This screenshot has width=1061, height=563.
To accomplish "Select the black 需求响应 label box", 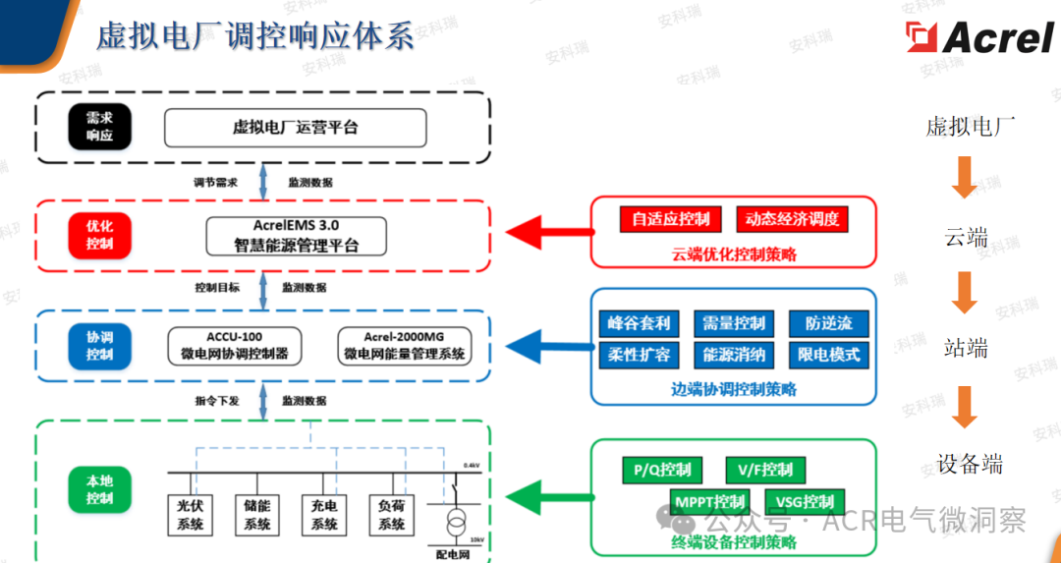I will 99,127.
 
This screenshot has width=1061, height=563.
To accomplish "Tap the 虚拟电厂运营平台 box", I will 295,128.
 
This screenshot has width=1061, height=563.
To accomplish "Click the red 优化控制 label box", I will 99,235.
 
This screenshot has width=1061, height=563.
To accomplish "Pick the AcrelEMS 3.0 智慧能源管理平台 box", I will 296,236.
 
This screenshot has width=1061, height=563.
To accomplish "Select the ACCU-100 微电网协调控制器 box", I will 234,345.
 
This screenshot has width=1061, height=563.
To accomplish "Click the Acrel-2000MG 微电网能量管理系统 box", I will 404,345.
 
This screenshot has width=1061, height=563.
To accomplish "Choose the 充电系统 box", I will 324,514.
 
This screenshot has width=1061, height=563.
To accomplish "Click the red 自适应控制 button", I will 670,219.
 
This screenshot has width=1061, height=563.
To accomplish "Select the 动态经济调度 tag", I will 792,219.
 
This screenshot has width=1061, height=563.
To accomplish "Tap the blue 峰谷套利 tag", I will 639,323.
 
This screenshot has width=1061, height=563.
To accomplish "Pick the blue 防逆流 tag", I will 828,323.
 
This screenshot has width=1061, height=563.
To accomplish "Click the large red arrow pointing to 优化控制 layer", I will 546,234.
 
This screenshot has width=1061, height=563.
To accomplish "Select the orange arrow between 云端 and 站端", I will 965,291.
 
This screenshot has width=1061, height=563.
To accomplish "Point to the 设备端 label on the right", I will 970,464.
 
